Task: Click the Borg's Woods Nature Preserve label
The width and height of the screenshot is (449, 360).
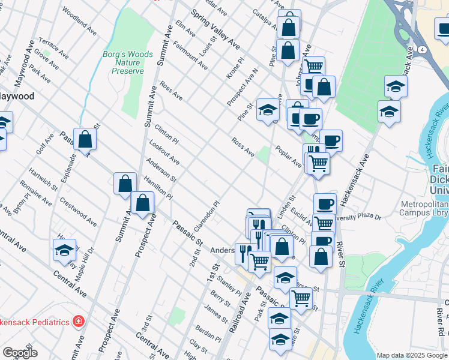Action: click(x=131, y=62)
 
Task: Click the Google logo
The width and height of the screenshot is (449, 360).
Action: click(x=20, y=353)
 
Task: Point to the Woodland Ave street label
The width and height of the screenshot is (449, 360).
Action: click(x=79, y=20)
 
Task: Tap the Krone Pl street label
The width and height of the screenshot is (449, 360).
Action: click(x=234, y=70)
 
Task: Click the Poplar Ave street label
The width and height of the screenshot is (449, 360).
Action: click(x=288, y=155)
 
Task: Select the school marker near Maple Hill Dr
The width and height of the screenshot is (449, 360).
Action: click(x=64, y=250)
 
